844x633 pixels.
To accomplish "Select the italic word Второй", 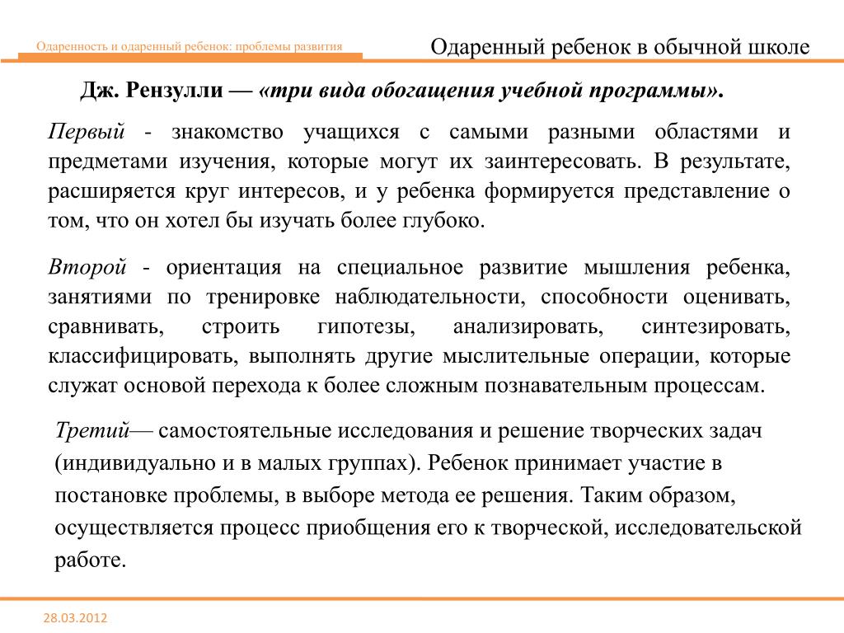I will (x=87, y=268).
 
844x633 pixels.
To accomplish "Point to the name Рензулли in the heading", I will (x=168, y=91).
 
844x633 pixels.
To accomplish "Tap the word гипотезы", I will (x=365, y=327).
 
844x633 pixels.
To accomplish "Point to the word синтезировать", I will (x=715, y=327).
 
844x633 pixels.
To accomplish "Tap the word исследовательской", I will (x=710, y=527).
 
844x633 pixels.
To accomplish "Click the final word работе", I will (x=90, y=560).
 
